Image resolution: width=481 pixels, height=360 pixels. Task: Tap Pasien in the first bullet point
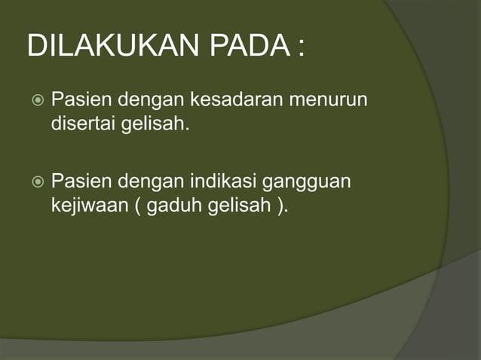click(x=77, y=99)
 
